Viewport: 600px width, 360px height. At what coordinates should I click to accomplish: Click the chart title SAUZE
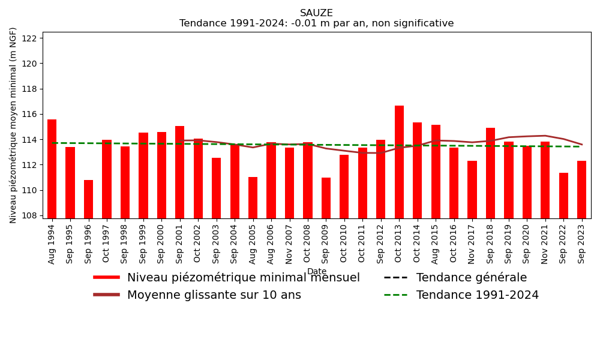click(316, 13)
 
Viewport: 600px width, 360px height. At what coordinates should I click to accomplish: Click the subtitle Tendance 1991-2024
click(316, 23)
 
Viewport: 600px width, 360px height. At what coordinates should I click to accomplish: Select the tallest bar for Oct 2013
click(399, 162)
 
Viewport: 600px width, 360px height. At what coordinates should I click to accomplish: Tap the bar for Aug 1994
click(52, 169)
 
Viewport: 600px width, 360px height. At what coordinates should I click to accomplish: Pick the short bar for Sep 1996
click(89, 199)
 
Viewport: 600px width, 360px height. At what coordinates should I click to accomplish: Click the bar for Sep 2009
click(326, 198)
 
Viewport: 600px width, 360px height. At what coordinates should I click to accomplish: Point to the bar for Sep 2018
click(490, 173)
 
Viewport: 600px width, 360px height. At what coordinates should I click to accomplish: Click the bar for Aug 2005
click(253, 197)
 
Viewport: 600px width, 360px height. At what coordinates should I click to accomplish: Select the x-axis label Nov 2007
click(290, 244)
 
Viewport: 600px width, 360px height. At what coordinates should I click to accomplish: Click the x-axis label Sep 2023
click(582, 244)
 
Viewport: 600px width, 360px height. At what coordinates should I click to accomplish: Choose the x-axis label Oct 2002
click(199, 244)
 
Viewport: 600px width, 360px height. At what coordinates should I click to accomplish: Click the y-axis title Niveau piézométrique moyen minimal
click(14, 125)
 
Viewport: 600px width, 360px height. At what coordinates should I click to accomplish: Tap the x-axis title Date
click(317, 272)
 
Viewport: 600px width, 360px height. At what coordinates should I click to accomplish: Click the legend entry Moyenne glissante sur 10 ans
click(214, 295)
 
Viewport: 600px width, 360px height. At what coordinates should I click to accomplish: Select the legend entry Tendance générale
click(471, 278)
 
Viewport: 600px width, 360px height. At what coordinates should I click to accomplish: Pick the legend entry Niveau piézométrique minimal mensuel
click(243, 278)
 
